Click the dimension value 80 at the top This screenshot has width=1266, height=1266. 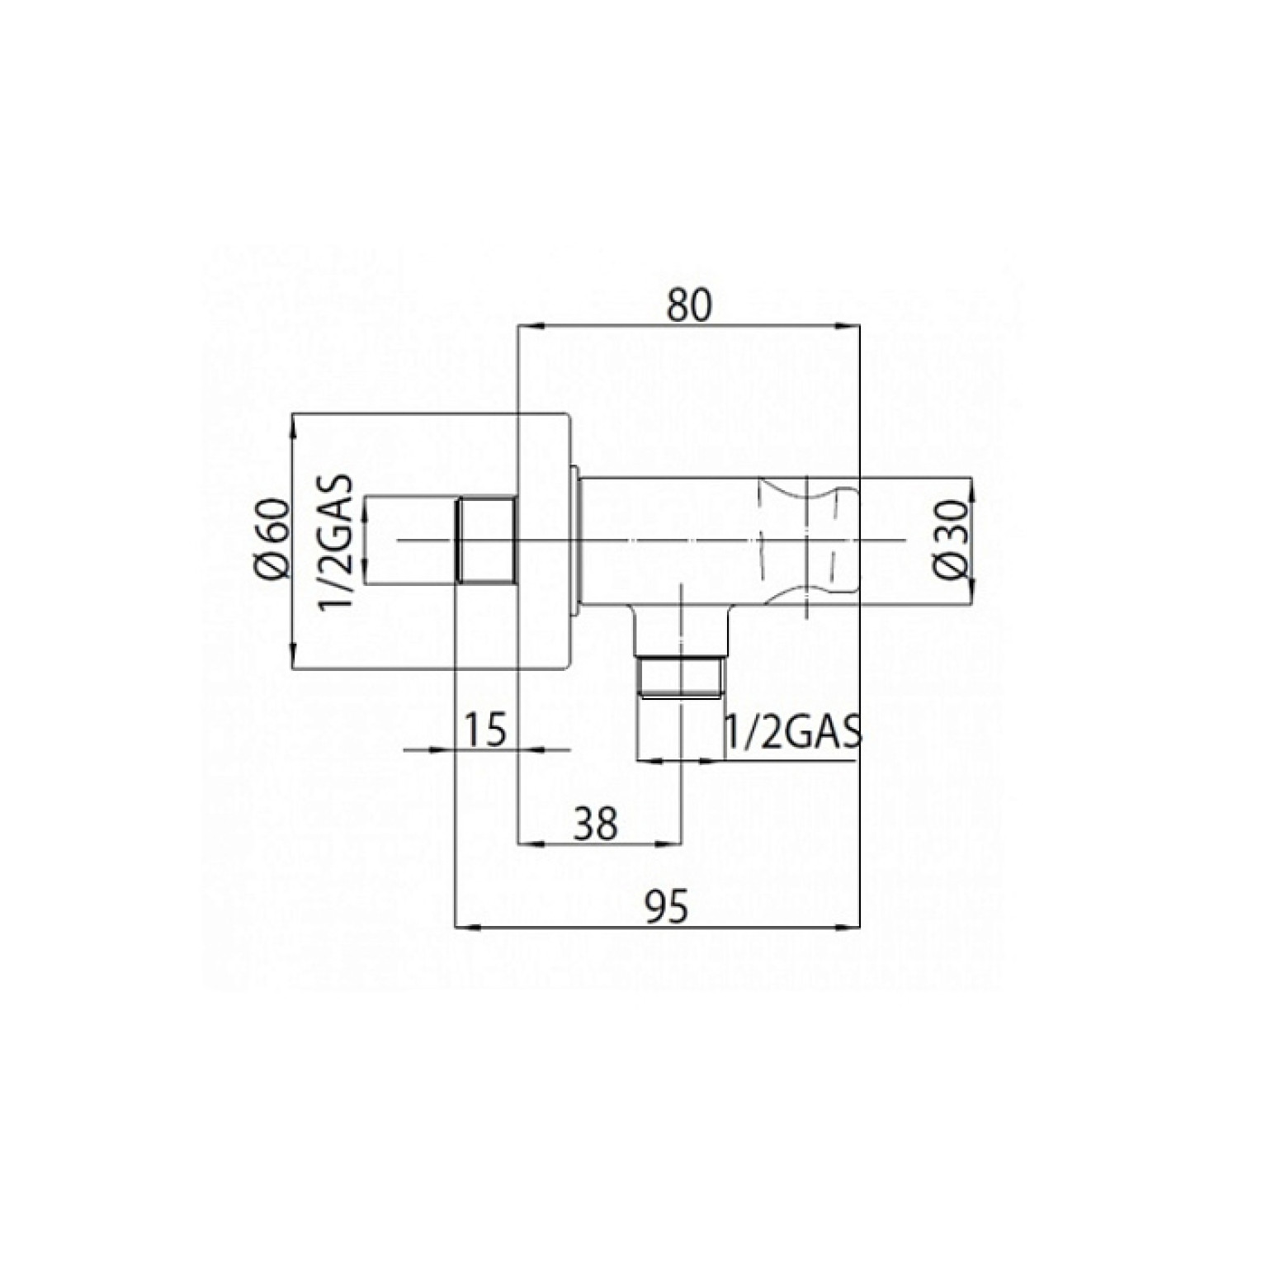click(x=689, y=305)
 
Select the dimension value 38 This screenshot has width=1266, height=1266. click(x=596, y=824)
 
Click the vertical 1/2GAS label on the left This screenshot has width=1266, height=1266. click(x=337, y=541)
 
